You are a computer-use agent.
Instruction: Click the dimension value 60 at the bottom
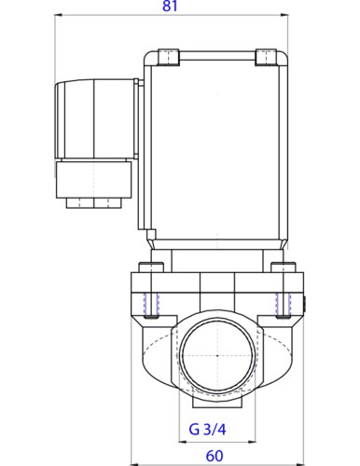point(215,455)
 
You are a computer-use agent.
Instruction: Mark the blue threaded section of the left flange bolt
point(153,304)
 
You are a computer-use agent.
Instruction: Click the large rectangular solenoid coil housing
point(215,149)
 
